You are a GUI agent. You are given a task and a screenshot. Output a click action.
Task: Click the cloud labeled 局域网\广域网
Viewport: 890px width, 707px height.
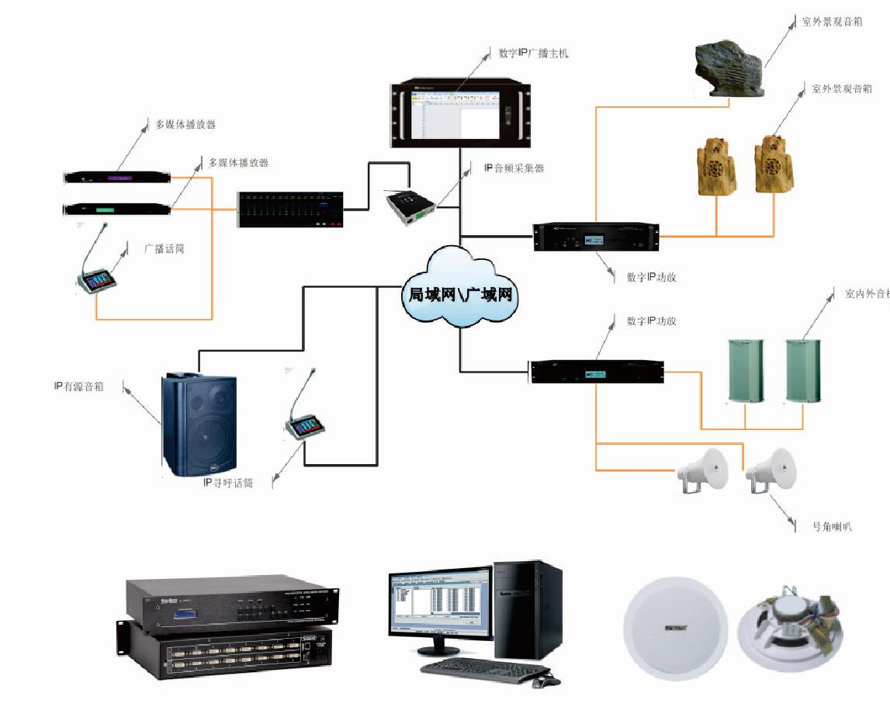click(x=459, y=294)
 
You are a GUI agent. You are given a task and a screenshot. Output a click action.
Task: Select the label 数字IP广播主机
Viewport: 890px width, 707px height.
click(x=534, y=54)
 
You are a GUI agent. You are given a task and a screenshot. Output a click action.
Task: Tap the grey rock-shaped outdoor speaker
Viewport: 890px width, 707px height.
click(x=728, y=71)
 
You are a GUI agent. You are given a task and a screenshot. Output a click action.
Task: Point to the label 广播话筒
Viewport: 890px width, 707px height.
click(x=164, y=249)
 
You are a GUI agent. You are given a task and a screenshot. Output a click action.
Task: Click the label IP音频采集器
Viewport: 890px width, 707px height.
click(x=514, y=168)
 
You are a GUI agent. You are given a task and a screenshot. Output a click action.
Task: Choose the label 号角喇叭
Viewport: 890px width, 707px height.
click(x=832, y=526)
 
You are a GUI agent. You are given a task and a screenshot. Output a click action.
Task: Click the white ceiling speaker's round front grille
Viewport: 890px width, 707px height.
click(x=676, y=628)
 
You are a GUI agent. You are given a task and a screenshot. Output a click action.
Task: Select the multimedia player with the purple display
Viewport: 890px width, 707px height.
click(x=116, y=178)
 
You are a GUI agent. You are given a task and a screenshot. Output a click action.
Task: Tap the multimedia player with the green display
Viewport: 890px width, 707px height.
click(x=116, y=209)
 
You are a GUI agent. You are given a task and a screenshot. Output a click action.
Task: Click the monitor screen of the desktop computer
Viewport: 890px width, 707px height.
click(x=439, y=602)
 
